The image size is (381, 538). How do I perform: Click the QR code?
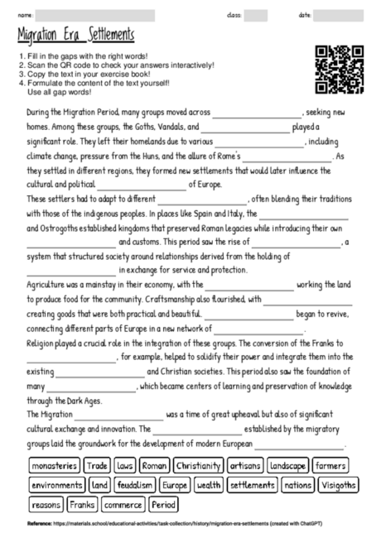(340, 70)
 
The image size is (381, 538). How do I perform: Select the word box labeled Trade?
(97, 466)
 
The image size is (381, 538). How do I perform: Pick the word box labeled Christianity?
(199, 466)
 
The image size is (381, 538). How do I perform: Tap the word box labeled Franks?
(82, 504)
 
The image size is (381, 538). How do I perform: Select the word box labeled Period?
(164, 504)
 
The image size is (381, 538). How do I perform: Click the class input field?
(256, 16)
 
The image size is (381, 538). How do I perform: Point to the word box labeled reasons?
(46, 504)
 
